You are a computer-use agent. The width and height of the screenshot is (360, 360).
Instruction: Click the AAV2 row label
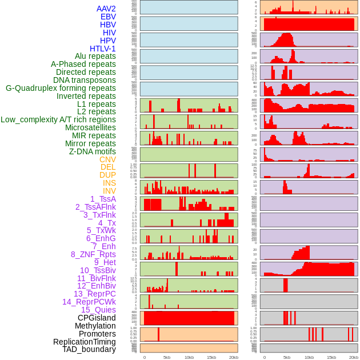[106, 9]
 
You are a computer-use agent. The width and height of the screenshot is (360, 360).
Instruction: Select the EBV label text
[108, 17]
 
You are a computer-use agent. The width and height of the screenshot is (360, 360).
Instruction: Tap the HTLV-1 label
[103, 49]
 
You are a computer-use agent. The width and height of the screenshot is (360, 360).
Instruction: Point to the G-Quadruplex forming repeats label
[61, 88]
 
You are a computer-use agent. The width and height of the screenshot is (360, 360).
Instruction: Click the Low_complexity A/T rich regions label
[58, 119]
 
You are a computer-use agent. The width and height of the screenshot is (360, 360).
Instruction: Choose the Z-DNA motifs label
[93, 151]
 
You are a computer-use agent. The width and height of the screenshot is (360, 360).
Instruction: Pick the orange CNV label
[107, 159]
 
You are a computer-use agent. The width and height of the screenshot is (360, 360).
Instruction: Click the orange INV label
[109, 191]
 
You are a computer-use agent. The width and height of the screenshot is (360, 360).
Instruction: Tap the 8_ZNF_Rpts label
[93, 254]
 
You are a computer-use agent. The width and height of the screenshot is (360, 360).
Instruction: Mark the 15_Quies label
[98, 310]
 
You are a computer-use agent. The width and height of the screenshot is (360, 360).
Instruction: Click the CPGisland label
[97, 318]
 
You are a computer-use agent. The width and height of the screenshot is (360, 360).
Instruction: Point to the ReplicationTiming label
[85, 342]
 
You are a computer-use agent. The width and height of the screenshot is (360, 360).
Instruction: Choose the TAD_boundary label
[89, 349]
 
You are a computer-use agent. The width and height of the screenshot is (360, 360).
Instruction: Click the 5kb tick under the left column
[167, 357]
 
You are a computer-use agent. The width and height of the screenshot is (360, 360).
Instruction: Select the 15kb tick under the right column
[331, 357]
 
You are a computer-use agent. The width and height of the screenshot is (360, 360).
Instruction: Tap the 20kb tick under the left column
[233, 357]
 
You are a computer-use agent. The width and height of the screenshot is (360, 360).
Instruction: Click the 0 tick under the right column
[264, 357]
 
